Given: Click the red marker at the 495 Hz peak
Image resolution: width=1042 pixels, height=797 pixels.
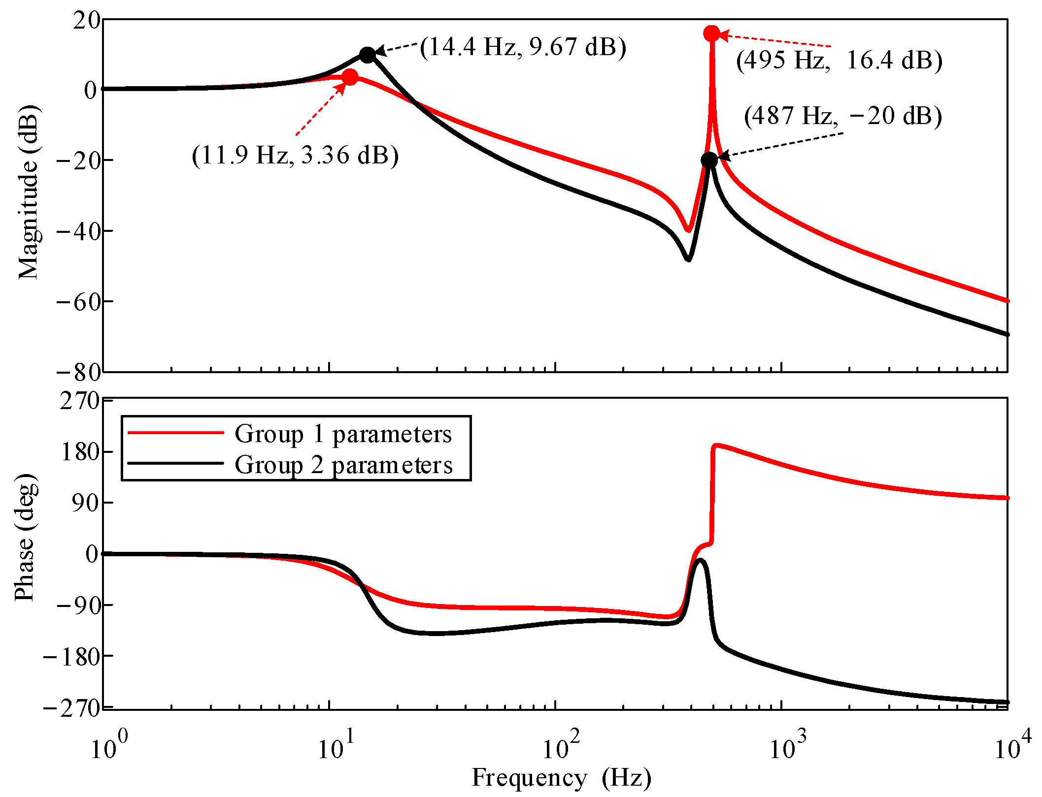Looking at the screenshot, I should point(711,33).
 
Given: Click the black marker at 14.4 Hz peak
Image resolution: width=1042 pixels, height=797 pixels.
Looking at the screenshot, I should point(367,55).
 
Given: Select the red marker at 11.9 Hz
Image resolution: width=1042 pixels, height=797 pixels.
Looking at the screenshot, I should point(349,77).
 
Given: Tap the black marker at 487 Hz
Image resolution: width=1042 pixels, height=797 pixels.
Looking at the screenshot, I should point(709,159).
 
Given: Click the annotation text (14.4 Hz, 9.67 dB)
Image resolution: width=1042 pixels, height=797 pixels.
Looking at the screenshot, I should point(523,47).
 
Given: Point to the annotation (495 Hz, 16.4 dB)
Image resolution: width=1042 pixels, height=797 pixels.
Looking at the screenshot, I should point(839,61).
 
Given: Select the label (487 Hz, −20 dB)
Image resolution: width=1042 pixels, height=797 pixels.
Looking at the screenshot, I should point(842,116).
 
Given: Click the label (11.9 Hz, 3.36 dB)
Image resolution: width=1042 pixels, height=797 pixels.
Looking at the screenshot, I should point(295,156).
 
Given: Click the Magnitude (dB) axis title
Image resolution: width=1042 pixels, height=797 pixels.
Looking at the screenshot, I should point(28,192).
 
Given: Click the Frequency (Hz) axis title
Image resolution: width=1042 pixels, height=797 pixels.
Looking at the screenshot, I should point(561,778).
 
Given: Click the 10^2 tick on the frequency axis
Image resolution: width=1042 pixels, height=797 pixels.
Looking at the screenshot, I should point(560,748).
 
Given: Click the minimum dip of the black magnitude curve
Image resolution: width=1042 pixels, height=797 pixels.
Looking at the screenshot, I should point(688,259).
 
